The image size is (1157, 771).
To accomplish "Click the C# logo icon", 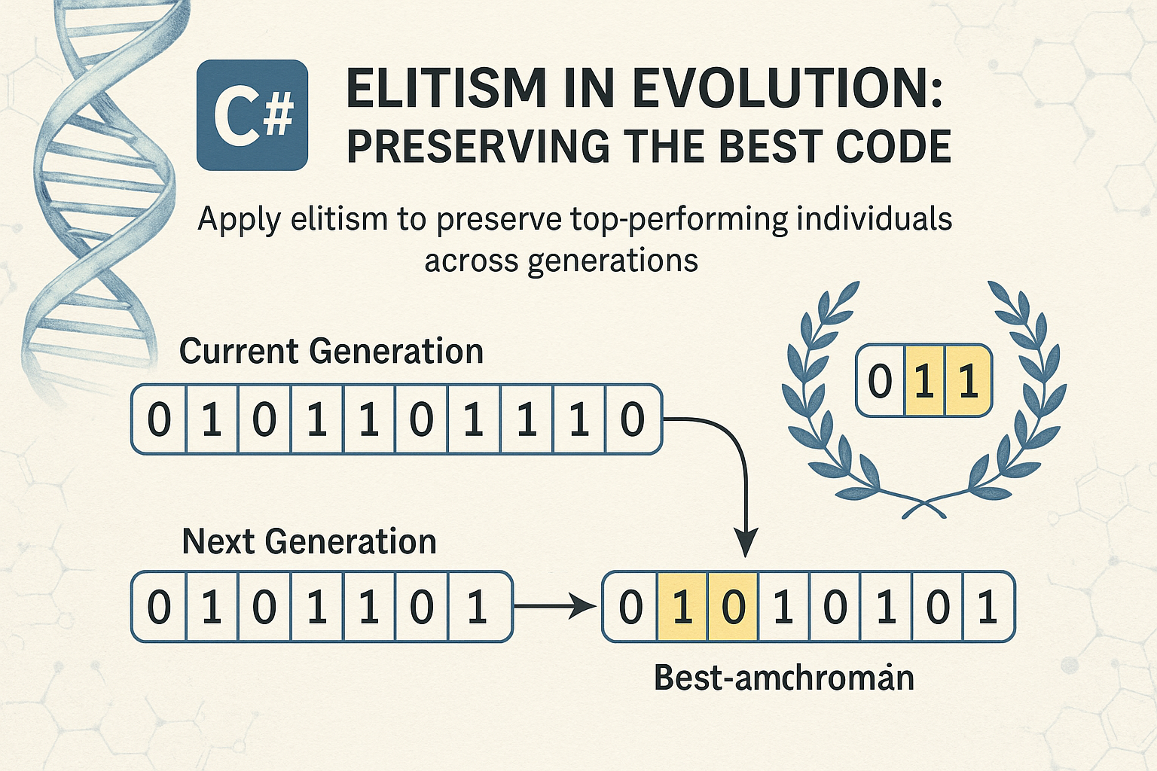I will tap(252, 115).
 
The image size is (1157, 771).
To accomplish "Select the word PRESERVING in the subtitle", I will tap(478, 146).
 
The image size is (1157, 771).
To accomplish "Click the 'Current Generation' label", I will tap(331, 352).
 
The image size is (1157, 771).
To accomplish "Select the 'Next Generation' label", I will tap(309, 541).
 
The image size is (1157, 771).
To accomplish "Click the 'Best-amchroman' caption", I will tap(783, 678).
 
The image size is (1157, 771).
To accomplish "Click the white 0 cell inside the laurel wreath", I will tap(880, 381).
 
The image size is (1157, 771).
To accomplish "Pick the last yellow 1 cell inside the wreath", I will tap(968, 381).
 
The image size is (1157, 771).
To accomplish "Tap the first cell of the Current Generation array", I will tap(159, 419).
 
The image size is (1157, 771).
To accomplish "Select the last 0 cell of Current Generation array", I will tap(633, 419).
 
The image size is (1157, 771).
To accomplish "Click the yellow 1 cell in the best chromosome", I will tap(682, 607).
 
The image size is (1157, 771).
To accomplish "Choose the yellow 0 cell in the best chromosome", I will tap(733, 607).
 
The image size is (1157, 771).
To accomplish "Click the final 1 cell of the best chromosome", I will tap(988, 607).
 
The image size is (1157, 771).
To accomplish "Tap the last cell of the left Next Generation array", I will tap(477, 607).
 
